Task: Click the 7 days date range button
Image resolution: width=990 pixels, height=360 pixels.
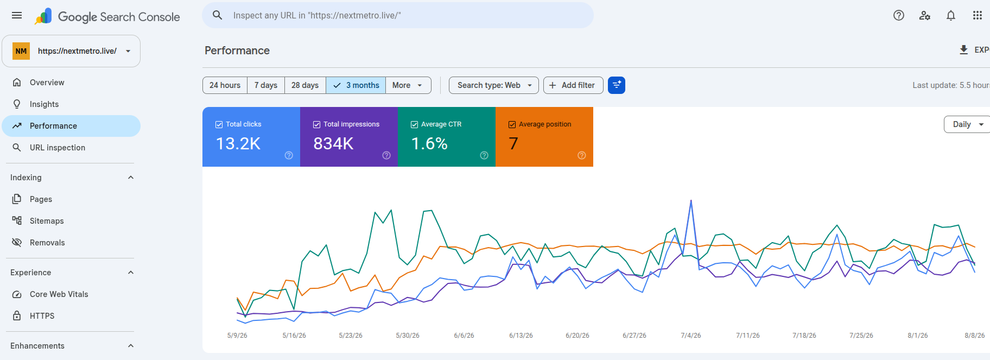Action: click(x=266, y=85)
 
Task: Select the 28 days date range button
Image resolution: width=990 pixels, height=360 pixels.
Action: click(x=305, y=85)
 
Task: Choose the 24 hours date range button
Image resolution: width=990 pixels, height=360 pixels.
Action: click(x=225, y=85)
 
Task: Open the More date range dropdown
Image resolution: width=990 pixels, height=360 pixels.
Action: click(x=408, y=85)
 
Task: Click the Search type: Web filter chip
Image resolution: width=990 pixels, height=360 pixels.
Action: click(x=494, y=85)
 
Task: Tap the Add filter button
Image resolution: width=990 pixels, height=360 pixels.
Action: click(x=573, y=85)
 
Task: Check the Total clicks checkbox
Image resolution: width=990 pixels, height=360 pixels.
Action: click(x=219, y=124)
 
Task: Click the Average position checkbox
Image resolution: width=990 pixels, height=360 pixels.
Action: click(x=512, y=124)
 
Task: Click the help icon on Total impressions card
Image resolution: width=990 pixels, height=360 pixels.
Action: click(x=386, y=155)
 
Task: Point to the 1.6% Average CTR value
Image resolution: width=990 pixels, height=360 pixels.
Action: click(x=429, y=143)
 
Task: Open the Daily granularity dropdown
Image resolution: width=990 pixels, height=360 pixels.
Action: click(x=968, y=124)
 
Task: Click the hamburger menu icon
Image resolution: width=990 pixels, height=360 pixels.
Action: click(x=17, y=15)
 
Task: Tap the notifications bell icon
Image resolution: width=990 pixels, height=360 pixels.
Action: click(x=951, y=15)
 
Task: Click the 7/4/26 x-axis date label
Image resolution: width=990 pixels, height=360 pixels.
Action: click(x=691, y=336)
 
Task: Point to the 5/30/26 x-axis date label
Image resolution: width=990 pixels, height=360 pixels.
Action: click(x=408, y=336)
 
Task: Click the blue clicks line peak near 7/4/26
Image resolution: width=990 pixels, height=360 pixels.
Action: click(x=691, y=200)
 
